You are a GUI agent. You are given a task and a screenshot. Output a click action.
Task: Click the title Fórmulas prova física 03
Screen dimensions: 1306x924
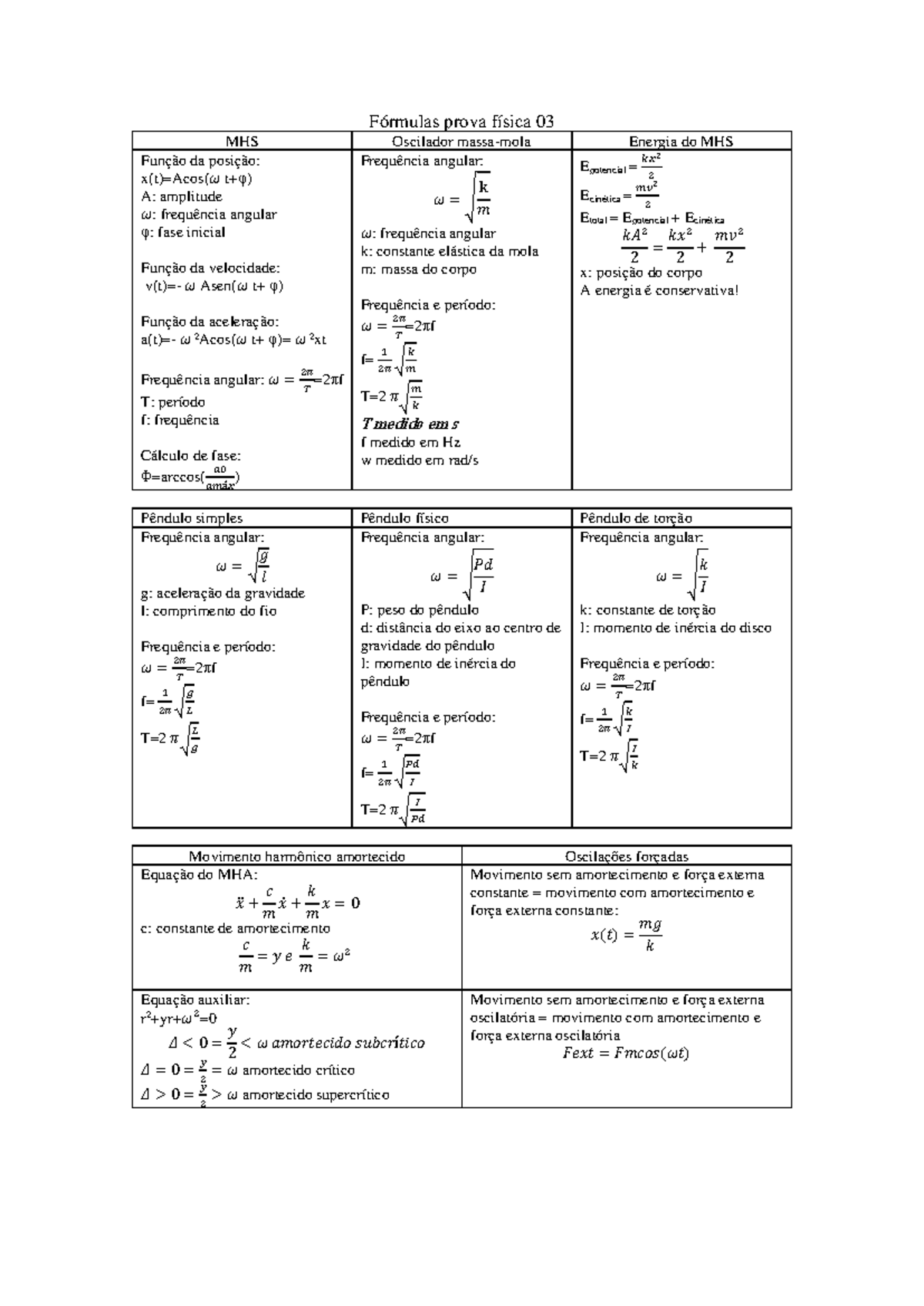(461, 122)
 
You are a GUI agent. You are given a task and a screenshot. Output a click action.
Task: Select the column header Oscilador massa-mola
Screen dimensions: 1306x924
(461, 142)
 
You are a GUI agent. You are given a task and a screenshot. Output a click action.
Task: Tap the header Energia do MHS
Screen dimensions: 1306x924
(681, 142)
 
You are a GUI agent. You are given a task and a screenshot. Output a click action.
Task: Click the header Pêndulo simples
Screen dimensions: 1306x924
(192, 518)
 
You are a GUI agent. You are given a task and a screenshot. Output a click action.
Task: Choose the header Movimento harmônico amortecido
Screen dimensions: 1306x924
(297, 856)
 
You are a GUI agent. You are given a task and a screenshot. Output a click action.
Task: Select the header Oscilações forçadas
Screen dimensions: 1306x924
(627, 856)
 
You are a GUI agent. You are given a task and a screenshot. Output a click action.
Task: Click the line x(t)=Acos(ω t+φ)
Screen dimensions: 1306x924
(196, 179)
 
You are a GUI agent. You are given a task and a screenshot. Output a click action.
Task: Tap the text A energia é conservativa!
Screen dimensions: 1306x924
(659, 290)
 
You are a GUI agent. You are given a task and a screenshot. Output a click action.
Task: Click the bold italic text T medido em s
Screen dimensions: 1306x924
(410, 424)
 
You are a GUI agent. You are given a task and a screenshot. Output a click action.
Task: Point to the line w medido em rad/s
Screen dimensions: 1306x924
(420, 460)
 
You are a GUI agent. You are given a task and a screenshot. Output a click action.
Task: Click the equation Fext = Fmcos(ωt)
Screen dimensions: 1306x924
(625, 1053)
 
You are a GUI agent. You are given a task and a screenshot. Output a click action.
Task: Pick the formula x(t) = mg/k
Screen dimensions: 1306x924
(625, 935)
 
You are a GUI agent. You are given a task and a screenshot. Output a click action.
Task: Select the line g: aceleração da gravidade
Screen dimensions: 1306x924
(223, 593)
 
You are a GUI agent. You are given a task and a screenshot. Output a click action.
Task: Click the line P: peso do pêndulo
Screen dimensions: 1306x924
(420, 610)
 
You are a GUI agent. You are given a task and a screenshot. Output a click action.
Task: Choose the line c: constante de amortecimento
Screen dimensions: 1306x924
(235, 929)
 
